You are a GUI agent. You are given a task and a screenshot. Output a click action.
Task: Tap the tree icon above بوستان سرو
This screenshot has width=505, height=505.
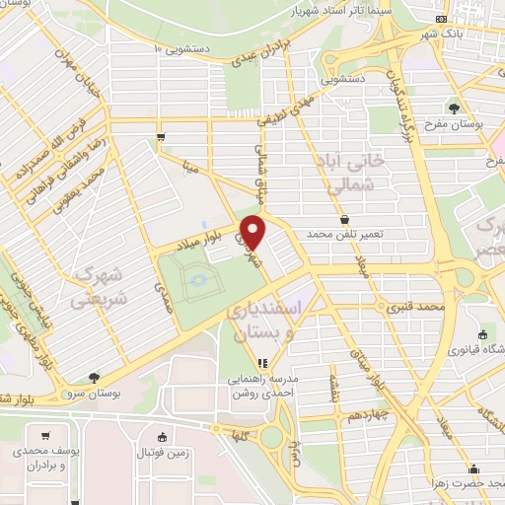tap(94, 377)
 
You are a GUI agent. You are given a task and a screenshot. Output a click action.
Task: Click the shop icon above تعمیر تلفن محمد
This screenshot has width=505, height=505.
tap(344, 219)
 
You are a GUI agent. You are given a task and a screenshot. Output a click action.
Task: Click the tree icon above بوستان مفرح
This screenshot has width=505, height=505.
tap(455, 108)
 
